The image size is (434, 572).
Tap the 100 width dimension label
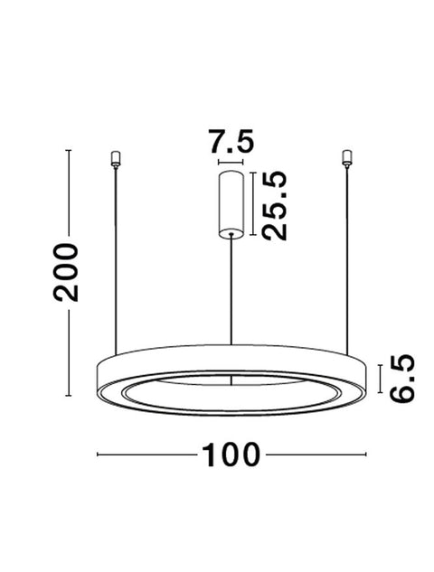(x=231, y=455)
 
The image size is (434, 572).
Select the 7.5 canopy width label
(x=231, y=141)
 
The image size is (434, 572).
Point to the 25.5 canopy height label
(x=275, y=205)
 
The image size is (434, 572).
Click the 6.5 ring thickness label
(x=401, y=378)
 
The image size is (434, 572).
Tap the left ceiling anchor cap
(x=116, y=159)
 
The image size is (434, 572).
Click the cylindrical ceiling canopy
(x=231, y=204)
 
